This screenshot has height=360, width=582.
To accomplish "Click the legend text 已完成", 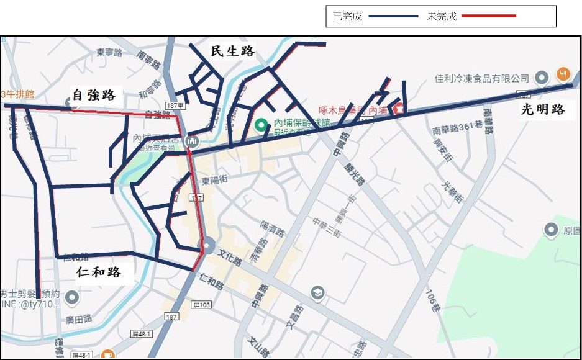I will pyautogui.click(x=347, y=17).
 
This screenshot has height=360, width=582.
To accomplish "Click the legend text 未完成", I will pyautogui.click(x=441, y=17).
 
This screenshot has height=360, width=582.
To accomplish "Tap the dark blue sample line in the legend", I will pyautogui.click(x=393, y=17).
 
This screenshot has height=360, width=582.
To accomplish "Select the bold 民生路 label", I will pyautogui.click(x=233, y=52).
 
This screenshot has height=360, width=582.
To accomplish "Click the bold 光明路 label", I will pyautogui.click(x=543, y=110).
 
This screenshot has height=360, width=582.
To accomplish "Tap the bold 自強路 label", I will pyautogui.click(x=94, y=95).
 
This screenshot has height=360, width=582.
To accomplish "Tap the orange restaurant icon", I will pyautogui.click(x=563, y=73).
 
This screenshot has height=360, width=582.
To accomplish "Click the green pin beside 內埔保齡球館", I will pyautogui.click(x=261, y=125).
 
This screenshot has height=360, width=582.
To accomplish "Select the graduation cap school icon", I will pyautogui.click(x=317, y=292).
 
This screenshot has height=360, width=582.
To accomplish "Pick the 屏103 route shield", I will pyautogui.click(x=202, y=305).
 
